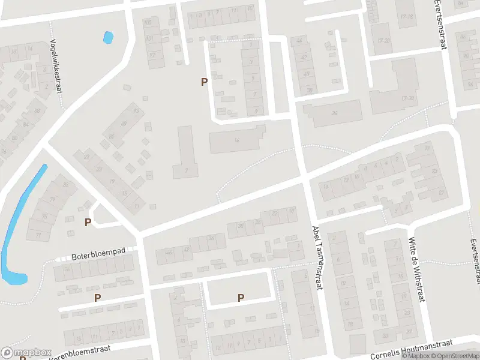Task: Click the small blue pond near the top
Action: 108,38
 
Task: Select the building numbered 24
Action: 334,113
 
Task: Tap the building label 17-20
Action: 383,40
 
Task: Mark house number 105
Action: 148,22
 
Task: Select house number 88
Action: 37,111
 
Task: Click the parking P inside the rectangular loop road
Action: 241,297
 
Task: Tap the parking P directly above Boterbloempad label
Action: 88,223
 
